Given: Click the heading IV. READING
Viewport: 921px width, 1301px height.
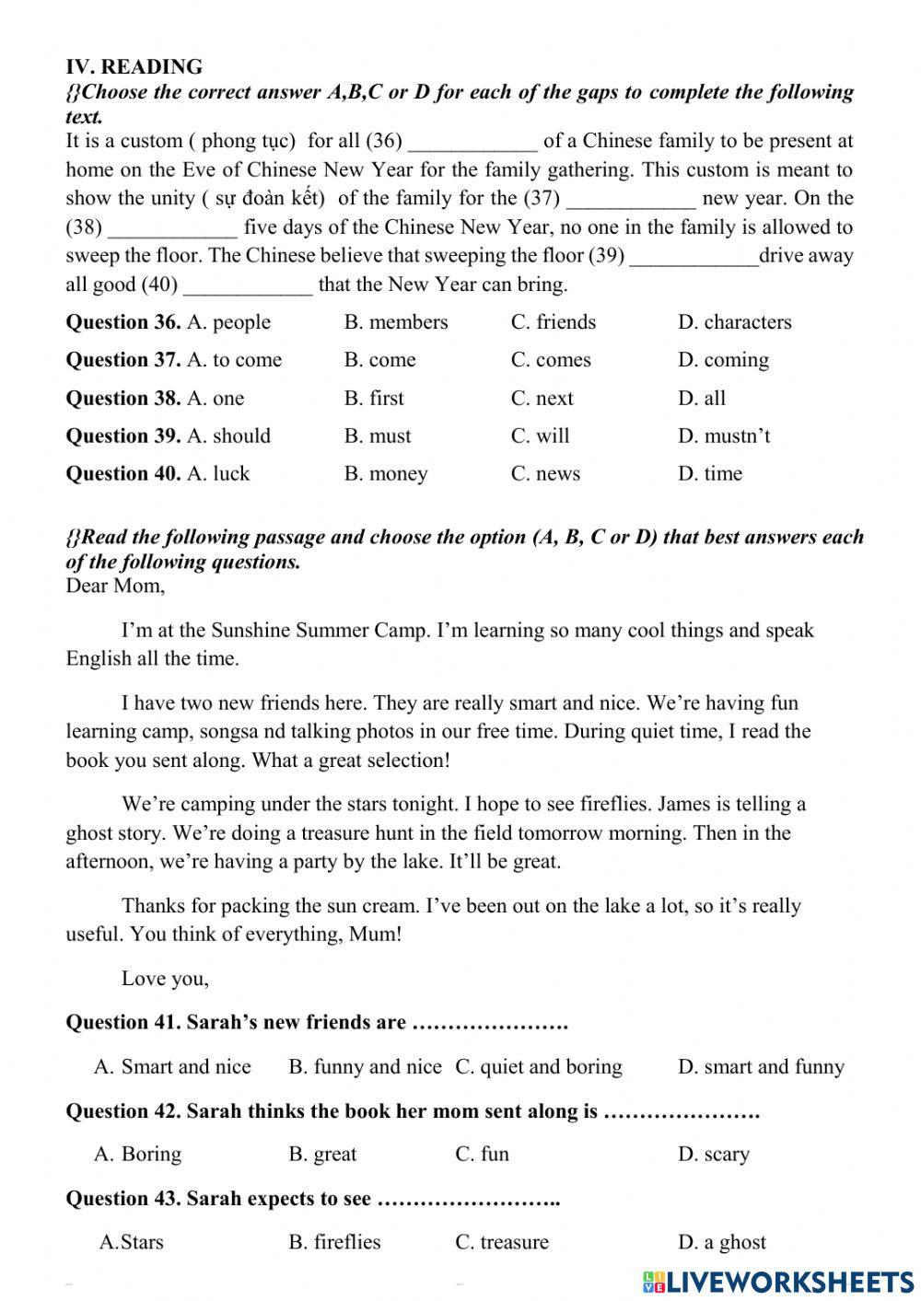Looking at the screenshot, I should point(134,66).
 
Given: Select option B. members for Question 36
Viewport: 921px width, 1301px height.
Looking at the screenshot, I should point(396,322).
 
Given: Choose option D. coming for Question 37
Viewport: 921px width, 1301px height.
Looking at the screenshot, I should point(723,360).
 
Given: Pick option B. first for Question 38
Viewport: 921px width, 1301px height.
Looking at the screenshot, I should point(374,399).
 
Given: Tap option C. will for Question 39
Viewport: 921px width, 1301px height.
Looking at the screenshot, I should point(541,436).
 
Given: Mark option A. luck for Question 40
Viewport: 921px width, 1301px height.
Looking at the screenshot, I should point(218,474).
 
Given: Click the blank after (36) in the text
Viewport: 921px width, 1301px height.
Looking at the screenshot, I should point(472,143).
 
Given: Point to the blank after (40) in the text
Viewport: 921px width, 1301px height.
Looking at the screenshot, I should point(249,286).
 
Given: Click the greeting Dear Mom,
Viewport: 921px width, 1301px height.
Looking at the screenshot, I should point(115,587).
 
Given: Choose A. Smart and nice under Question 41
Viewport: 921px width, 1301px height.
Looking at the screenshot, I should point(172,1067).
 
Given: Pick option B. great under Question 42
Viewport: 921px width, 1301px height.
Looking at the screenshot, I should point(322,1155).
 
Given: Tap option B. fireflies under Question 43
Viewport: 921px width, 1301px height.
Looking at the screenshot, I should point(334,1242).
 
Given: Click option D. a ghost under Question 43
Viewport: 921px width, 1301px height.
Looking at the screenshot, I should point(721,1242).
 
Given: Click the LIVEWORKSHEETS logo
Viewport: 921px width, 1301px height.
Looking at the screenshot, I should point(778,1283).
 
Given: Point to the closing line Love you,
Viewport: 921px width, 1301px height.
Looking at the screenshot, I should point(165,979).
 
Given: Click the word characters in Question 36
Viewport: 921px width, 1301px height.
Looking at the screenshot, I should point(747,322).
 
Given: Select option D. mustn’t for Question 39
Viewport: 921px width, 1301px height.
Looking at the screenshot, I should point(724,436).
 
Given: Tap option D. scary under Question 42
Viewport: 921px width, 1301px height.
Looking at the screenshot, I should point(714,1155).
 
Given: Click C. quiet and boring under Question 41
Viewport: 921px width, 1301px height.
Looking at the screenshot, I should point(539,1067).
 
